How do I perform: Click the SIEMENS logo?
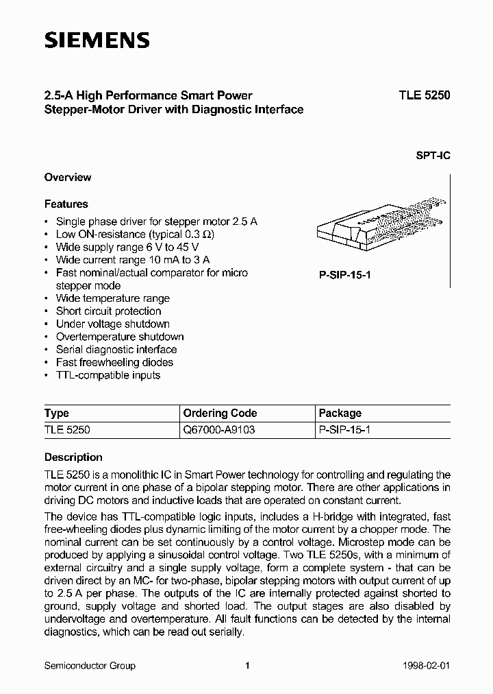tap(97, 40)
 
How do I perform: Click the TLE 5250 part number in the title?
tap(425, 96)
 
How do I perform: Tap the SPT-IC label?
tap(433, 155)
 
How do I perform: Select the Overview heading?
tap(68, 177)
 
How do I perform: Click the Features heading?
tap(66, 204)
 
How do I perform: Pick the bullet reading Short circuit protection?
tap(108, 311)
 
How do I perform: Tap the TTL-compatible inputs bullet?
tap(108, 375)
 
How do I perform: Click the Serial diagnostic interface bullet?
tap(116, 349)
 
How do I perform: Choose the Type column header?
tap(57, 413)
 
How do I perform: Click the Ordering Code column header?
tap(220, 413)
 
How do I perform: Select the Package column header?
tap(340, 413)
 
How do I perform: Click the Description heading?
tap(73, 457)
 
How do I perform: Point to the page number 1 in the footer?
tap(248, 665)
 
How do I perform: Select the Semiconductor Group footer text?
tap(90, 665)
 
